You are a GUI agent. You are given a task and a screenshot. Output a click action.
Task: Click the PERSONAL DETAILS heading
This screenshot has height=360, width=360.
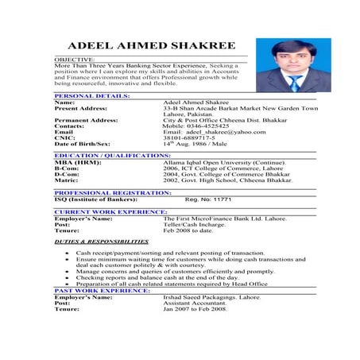[x=92, y=95]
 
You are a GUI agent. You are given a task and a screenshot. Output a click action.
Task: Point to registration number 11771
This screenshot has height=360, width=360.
[x=220, y=199]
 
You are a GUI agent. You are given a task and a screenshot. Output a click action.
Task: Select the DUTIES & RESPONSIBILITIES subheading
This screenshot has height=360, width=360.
[x=101, y=241]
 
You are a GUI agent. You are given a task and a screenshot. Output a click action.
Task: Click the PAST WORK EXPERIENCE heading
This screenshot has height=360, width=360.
[x=102, y=290]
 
